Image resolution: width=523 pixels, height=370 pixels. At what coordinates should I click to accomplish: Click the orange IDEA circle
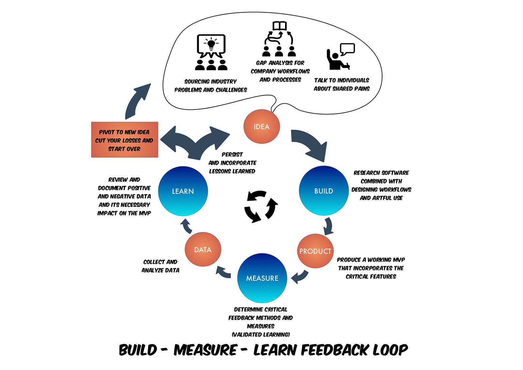tap(261, 126)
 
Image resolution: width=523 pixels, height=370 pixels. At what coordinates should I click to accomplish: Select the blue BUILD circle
tap(324, 191)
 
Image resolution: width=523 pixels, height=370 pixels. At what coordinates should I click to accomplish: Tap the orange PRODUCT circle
tap(315, 251)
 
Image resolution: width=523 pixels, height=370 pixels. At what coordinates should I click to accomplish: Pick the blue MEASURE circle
tap(262, 278)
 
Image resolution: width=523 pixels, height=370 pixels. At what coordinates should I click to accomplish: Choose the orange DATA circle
tap(203, 249)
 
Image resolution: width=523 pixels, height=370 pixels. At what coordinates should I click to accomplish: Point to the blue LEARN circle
tap(183, 191)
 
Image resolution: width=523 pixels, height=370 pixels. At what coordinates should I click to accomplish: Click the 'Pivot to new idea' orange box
tap(125, 140)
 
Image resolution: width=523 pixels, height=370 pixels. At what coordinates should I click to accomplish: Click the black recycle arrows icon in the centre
tap(261, 207)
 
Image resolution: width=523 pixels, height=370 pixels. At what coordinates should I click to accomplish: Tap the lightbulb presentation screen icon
tap(211, 46)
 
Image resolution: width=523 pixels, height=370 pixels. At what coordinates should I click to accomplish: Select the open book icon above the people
tap(279, 26)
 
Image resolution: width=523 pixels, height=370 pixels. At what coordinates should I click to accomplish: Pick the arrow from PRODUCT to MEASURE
tap(300, 277)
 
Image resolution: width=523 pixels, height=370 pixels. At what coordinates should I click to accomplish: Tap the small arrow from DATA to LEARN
tap(187, 226)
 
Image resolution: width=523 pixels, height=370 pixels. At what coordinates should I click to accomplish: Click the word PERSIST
tap(232, 155)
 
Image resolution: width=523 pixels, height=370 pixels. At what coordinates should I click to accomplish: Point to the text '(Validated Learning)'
tap(261, 334)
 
